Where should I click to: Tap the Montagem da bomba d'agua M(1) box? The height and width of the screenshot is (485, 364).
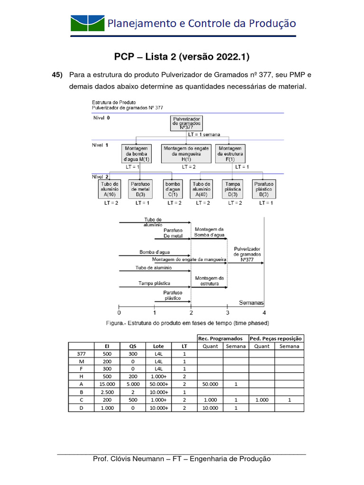click(x=136, y=153)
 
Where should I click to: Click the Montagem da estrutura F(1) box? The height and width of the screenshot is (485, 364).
click(x=230, y=153)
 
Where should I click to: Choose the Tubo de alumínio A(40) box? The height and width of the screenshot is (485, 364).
click(x=201, y=189)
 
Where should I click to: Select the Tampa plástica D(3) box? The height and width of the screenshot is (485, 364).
click(x=233, y=189)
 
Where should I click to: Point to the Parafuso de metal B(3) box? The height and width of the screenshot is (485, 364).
click(x=140, y=189)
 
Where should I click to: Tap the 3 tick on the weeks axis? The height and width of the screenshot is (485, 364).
click(x=227, y=313)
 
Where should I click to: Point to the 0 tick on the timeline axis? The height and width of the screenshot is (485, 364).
click(x=119, y=313)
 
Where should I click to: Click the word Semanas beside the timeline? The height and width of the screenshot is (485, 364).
click(x=251, y=303)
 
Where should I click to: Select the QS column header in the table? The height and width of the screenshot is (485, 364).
click(x=132, y=346)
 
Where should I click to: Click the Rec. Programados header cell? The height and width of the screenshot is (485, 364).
click(x=222, y=338)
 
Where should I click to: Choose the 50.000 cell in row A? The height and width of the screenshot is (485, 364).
click(x=210, y=384)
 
